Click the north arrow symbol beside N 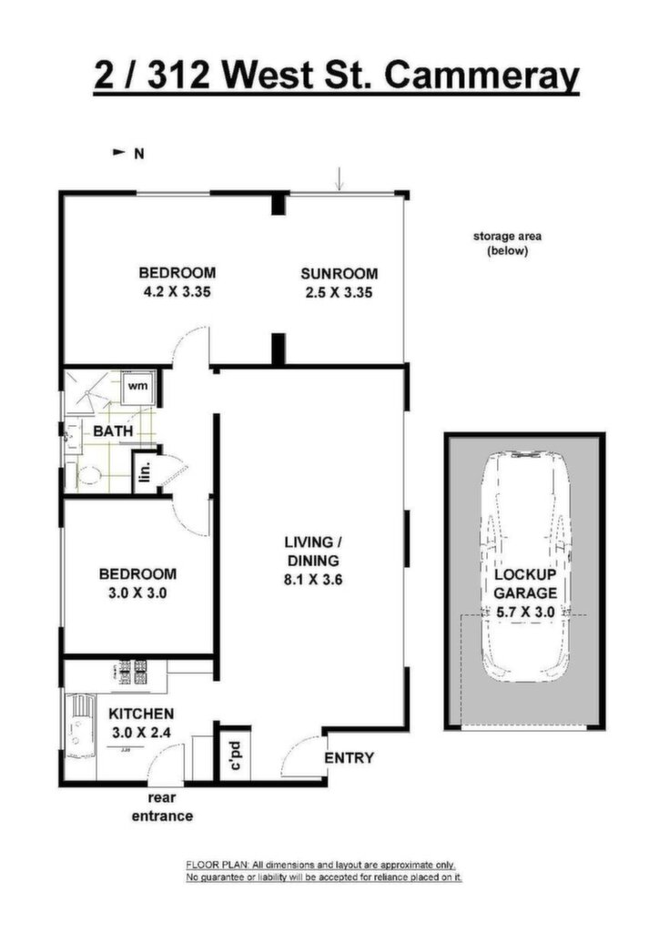click(x=119, y=153)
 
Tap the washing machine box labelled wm click(x=138, y=387)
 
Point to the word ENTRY click(x=350, y=758)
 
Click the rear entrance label click(x=162, y=807)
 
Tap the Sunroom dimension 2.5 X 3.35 click(x=339, y=292)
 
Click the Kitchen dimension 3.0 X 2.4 click(x=141, y=733)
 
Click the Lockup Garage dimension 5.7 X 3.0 click(x=524, y=612)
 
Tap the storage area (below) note click(x=507, y=243)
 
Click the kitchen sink click(x=78, y=725)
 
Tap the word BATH click(x=113, y=431)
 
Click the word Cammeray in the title click(x=482, y=76)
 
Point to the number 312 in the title click(x=178, y=76)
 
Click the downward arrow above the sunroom click(x=339, y=179)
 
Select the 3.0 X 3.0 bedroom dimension click(x=137, y=593)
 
